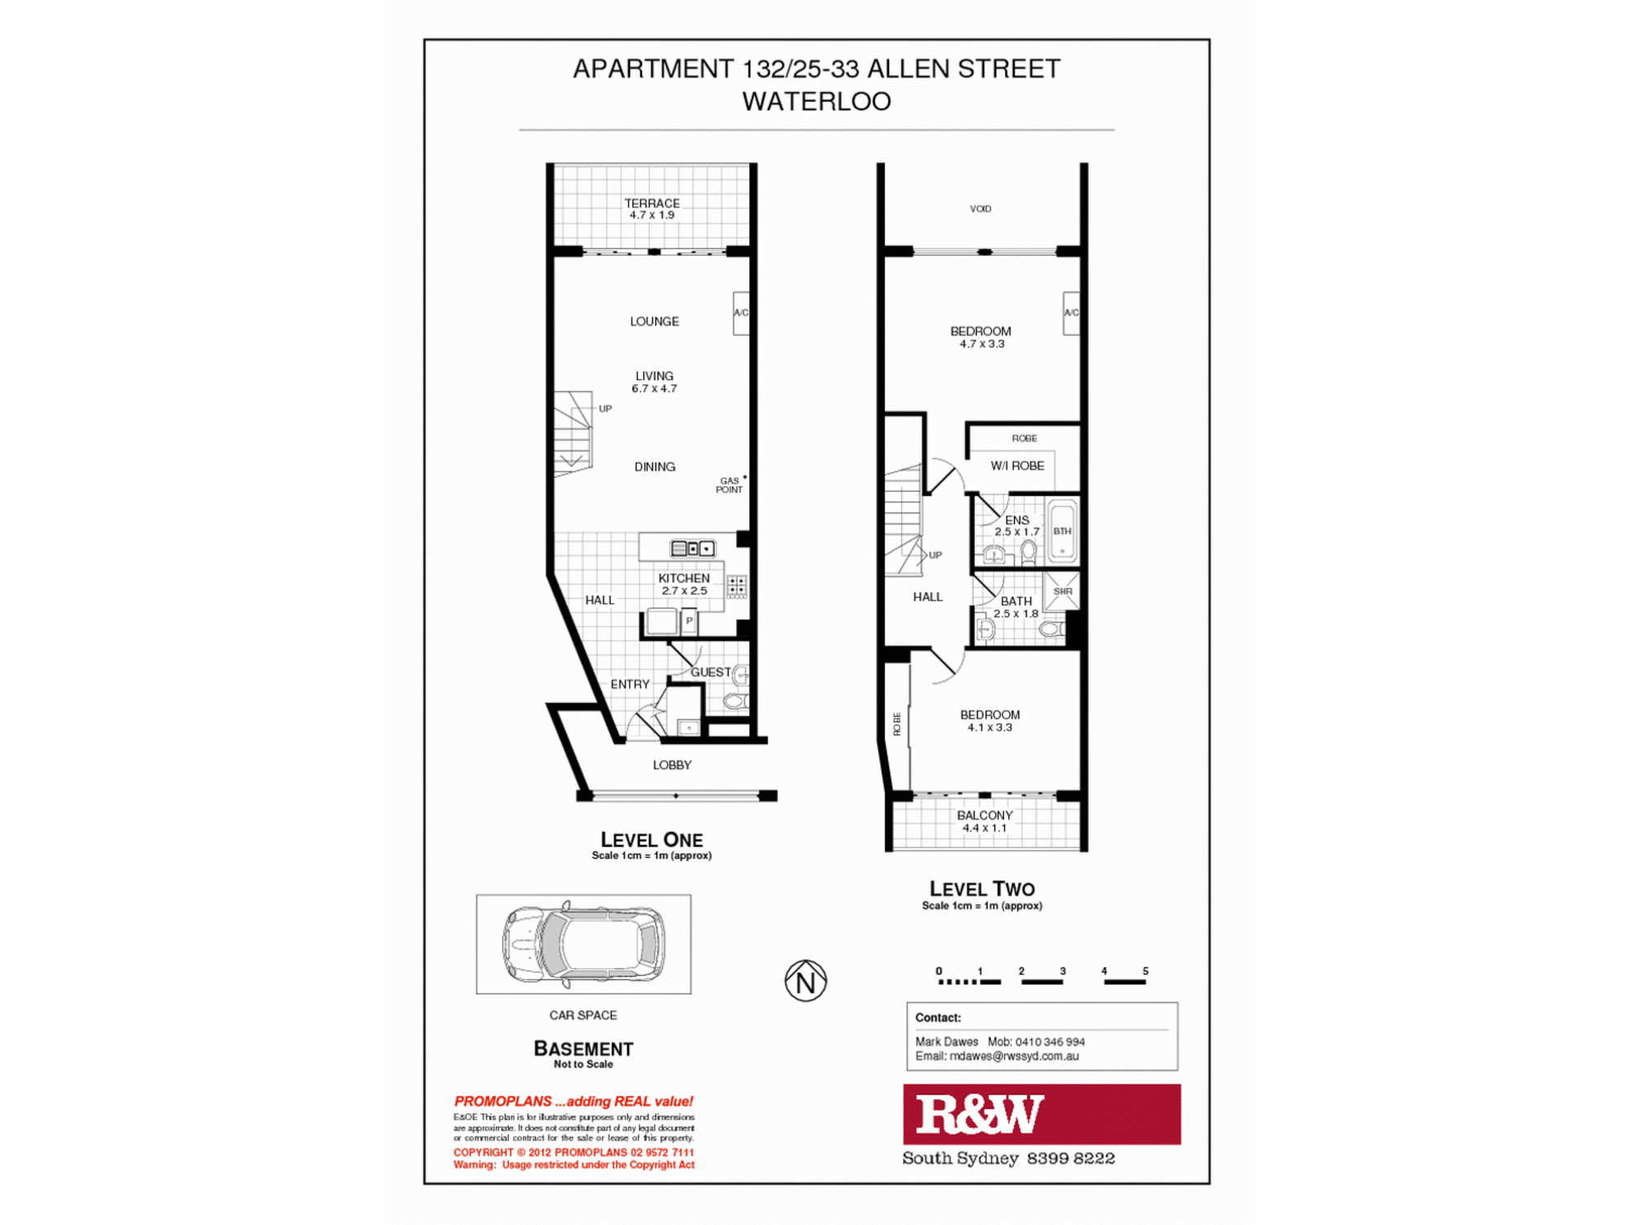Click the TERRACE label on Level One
[x=652, y=203]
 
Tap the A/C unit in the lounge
[x=741, y=313]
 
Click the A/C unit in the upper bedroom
[x=1071, y=313]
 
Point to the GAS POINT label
[x=730, y=485]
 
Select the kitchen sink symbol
[x=692, y=548]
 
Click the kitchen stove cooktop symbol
[x=736, y=586]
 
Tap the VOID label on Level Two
[x=980, y=209]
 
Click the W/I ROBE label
[x=1017, y=465]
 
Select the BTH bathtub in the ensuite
[x=1062, y=531]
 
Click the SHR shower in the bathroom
[x=1062, y=591]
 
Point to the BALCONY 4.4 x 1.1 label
[x=984, y=821]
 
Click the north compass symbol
[x=806, y=981]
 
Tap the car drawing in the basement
[x=583, y=943]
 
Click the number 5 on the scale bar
[x=1145, y=971]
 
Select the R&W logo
[x=1041, y=1114]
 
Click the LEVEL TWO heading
[x=982, y=889]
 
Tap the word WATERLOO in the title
[x=816, y=101]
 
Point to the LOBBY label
[x=672, y=765]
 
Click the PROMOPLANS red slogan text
[x=574, y=1101]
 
